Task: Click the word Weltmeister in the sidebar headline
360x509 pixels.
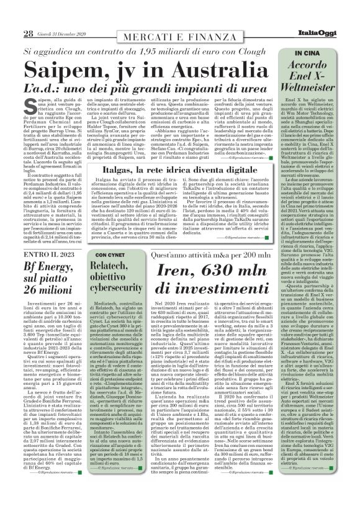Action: click(313, 85)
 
